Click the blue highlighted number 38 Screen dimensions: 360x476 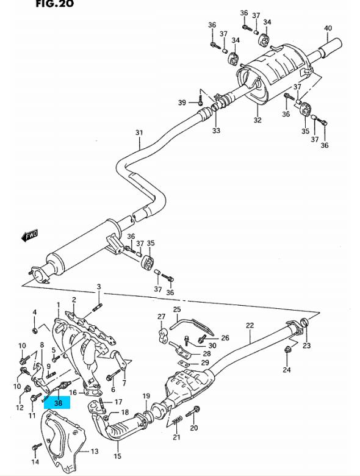58,403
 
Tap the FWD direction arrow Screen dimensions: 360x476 30,236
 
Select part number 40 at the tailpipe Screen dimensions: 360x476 328,28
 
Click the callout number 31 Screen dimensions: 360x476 139,132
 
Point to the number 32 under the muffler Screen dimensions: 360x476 257,120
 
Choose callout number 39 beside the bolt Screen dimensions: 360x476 182,103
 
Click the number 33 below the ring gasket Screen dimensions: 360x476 216,131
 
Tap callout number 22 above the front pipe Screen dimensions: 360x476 250,325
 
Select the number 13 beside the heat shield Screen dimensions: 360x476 95,452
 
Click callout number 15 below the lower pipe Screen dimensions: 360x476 118,456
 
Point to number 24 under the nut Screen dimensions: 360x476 287,370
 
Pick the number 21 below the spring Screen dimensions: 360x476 176,437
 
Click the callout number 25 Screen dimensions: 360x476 177,309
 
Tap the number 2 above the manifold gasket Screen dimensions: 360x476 74,300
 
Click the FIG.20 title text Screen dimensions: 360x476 55,4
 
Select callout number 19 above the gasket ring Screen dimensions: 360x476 146,396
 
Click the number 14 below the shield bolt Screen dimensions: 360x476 35,462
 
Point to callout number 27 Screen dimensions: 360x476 161,317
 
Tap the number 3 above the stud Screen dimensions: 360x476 99,287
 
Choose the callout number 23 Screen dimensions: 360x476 306,345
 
